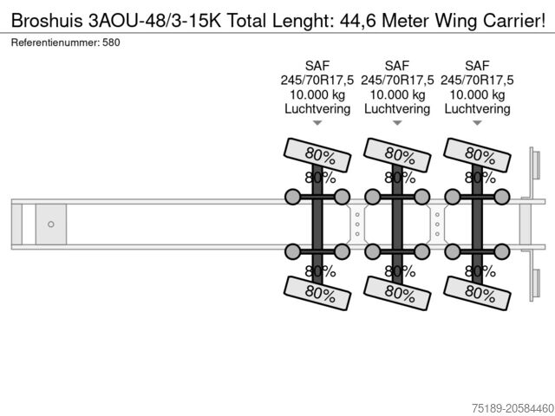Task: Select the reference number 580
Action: pos(110,42)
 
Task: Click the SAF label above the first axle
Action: pos(317,65)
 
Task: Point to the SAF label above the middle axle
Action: pos(397,65)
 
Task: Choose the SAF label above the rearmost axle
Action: pos(477,65)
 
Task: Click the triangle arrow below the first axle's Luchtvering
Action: pos(317,124)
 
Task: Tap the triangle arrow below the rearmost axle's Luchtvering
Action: pos(477,124)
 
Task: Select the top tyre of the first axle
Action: pos(317,154)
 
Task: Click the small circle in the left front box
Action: pos(51,224)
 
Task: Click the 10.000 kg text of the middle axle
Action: pos(397,94)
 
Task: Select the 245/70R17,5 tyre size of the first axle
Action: pos(317,80)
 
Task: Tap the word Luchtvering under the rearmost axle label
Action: pos(477,109)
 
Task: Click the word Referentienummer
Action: pos(54,42)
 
